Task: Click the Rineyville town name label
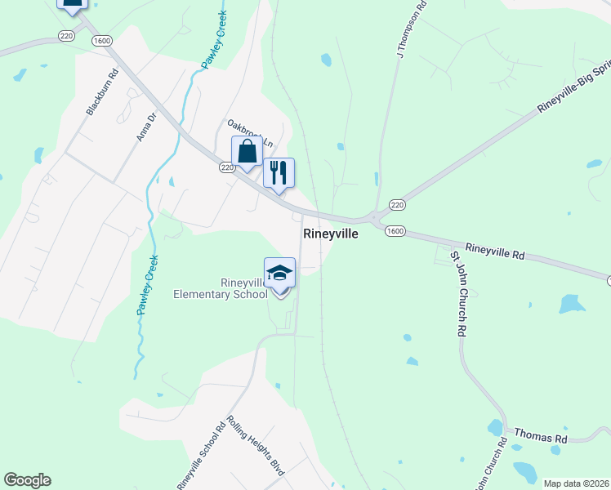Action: pyautogui.click(x=331, y=234)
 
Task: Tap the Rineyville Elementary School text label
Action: pyautogui.click(x=221, y=288)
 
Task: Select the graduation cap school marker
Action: pyautogui.click(x=279, y=273)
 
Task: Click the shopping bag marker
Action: pyautogui.click(x=247, y=151)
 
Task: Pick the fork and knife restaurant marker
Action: pyautogui.click(x=279, y=172)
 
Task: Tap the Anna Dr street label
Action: pyautogui.click(x=145, y=127)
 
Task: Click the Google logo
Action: pyautogui.click(x=27, y=480)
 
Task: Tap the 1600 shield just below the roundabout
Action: pyautogui.click(x=395, y=231)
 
